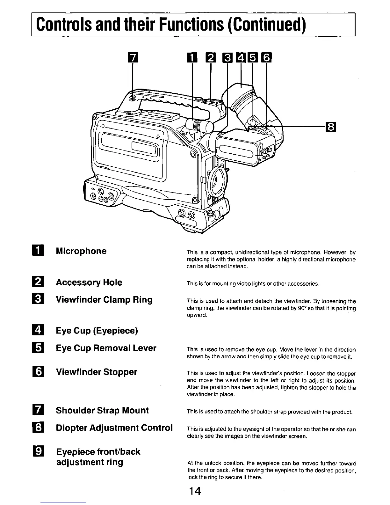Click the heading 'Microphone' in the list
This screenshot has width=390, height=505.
[81, 251]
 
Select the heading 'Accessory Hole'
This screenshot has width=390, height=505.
[89, 282]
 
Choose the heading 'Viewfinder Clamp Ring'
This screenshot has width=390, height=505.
[104, 300]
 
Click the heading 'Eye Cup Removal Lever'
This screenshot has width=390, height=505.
[106, 348]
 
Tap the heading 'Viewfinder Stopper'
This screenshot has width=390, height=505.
[97, 372]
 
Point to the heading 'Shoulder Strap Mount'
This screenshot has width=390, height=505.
[102, 410]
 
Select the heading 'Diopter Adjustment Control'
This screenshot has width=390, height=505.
[114, 428]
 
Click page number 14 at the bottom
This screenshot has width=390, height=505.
[194, 491]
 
